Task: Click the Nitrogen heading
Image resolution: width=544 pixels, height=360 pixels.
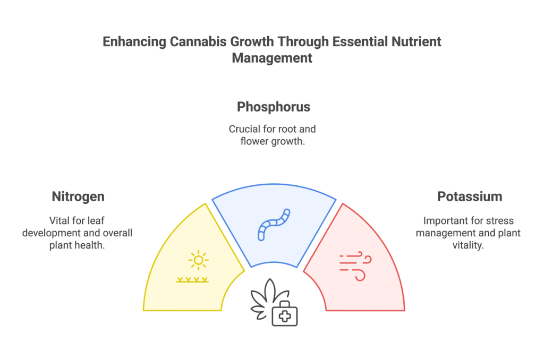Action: coord(78,196)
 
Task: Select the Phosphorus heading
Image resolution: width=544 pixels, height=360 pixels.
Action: coord(274,107)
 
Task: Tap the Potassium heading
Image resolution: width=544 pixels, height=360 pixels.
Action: coord(470,196)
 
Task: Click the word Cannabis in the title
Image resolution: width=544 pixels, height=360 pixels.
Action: coord(199,41)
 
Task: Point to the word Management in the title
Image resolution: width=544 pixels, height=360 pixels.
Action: coord(272,58)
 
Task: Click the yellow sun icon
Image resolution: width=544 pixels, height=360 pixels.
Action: coord(199,260)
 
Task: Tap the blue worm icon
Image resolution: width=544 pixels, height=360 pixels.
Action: coord(274,225)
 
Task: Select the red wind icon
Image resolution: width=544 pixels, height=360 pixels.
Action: coord(355,266)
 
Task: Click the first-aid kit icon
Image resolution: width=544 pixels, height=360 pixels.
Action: coord(285,314)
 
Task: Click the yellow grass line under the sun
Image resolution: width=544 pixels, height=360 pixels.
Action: coord(192,280)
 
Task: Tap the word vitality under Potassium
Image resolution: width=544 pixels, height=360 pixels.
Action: coord(468,245)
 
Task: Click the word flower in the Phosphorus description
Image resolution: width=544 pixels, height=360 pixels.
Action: coord(254,141)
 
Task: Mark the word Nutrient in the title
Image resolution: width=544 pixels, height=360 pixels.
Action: coord(416,41)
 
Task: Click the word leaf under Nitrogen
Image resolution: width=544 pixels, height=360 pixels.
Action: coord(96,220)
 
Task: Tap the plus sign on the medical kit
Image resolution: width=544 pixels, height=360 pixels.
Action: coord(285,316)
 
